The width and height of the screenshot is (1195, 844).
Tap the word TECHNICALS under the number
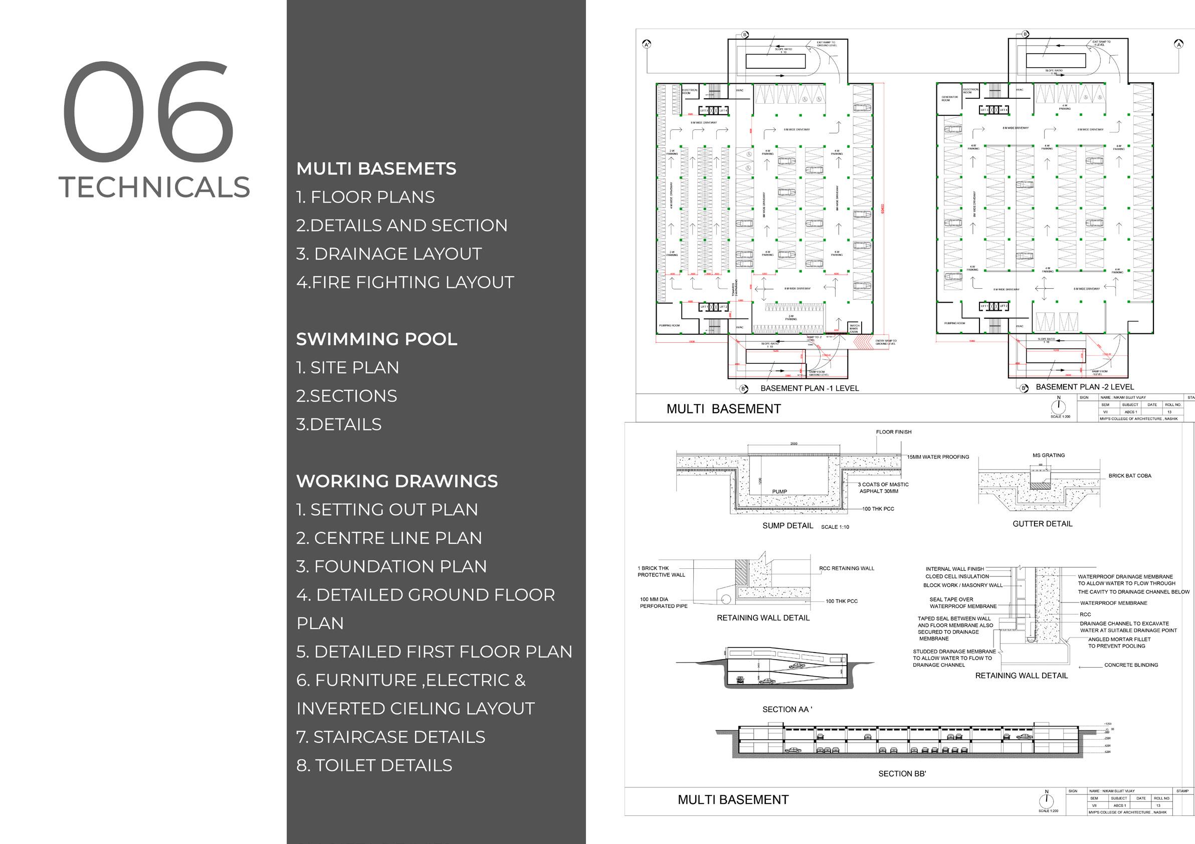pos(154,187)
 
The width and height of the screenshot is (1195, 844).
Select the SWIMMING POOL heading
pos(376,339)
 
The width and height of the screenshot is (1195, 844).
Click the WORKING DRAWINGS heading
pos(396,481)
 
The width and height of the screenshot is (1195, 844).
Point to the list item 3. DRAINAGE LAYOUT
pos(389,254)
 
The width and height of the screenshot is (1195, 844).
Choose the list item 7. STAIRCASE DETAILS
pos(390,737)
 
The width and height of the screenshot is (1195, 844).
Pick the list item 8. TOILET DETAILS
pos(374,765)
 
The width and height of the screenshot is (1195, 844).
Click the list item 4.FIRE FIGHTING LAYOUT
pos(405,283)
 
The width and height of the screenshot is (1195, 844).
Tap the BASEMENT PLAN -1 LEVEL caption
pos(810,388)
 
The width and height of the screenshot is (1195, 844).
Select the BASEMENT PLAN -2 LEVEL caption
pos(1085,386)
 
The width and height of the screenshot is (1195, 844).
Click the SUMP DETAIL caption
pos(787,526)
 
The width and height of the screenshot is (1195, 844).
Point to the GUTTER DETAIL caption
pos(1042,523)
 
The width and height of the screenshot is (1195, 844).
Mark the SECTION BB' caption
pos(902,774)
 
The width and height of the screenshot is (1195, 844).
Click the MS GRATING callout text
pos(1048,455)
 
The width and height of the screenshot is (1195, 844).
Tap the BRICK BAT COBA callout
pos(1129,476)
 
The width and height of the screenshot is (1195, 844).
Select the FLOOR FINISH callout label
pos(894,432)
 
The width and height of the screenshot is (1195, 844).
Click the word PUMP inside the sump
pos(779,491)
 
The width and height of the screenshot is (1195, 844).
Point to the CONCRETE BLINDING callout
pos(1131,665)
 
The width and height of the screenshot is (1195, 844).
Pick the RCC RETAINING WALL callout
pos(846,568)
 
